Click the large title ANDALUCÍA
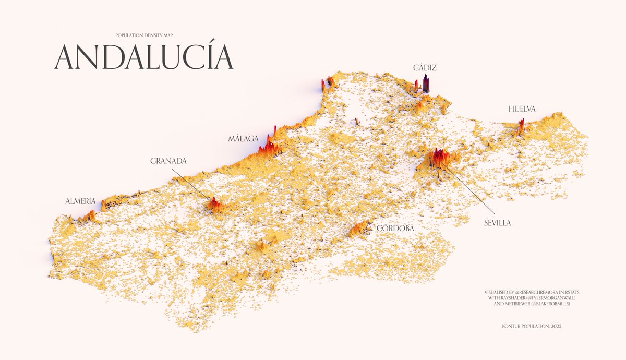pyautogui.click(x=143, y=57)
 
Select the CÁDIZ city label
pyautogui.click(x=424, y=68)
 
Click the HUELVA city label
pyautogui.click(x=522, y=109)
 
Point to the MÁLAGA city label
pyautogui.click(x=243, y=139)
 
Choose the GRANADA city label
pyautogui.click(x=168, y=161)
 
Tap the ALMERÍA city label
pyautogui.click(x=80, y=201)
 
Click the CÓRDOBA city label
pyautogui.click(x=395, y=229)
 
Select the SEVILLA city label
pyautogui.click(x=497, y=223)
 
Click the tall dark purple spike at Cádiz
pyautogui.click(x=426, y=83)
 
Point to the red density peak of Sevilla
pyautogui.click(x=438, y=157)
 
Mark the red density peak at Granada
pyautogui.click(x=214, y=204)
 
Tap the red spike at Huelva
pyautogui.click(x=521, y=125)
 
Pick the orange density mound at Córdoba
pyautogui.click(x=359, y=227)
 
